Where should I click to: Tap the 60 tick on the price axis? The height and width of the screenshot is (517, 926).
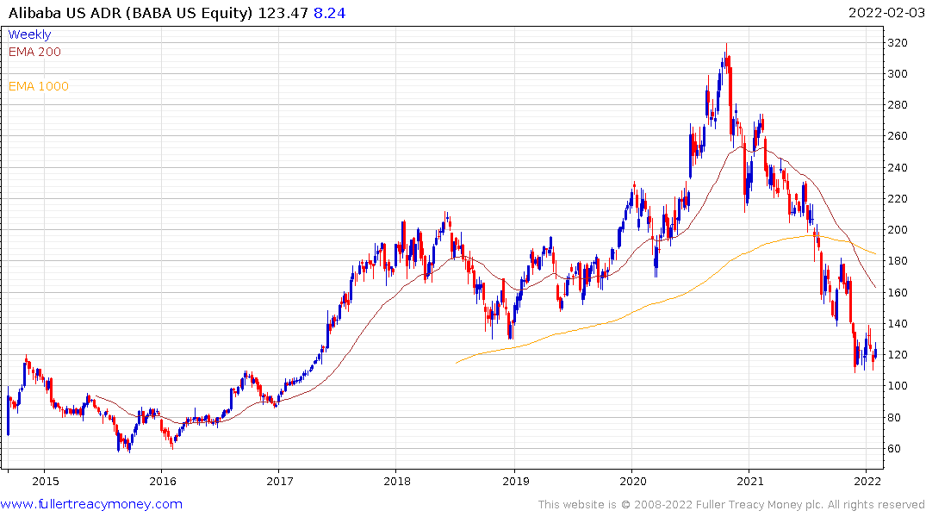point(896,449)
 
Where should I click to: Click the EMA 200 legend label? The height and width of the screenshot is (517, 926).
point(34,52)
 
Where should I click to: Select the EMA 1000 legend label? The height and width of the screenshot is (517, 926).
point(38,86)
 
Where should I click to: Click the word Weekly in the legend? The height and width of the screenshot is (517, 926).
point(29,34)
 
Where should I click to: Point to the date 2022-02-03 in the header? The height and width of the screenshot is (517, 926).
point(883,13)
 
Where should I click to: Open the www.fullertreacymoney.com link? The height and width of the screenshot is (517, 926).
point(91,504)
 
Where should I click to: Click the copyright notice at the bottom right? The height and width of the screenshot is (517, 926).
point(731,505)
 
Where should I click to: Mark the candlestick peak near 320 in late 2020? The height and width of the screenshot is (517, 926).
point(726,45)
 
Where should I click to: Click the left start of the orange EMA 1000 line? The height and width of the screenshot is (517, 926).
point(456,362)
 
